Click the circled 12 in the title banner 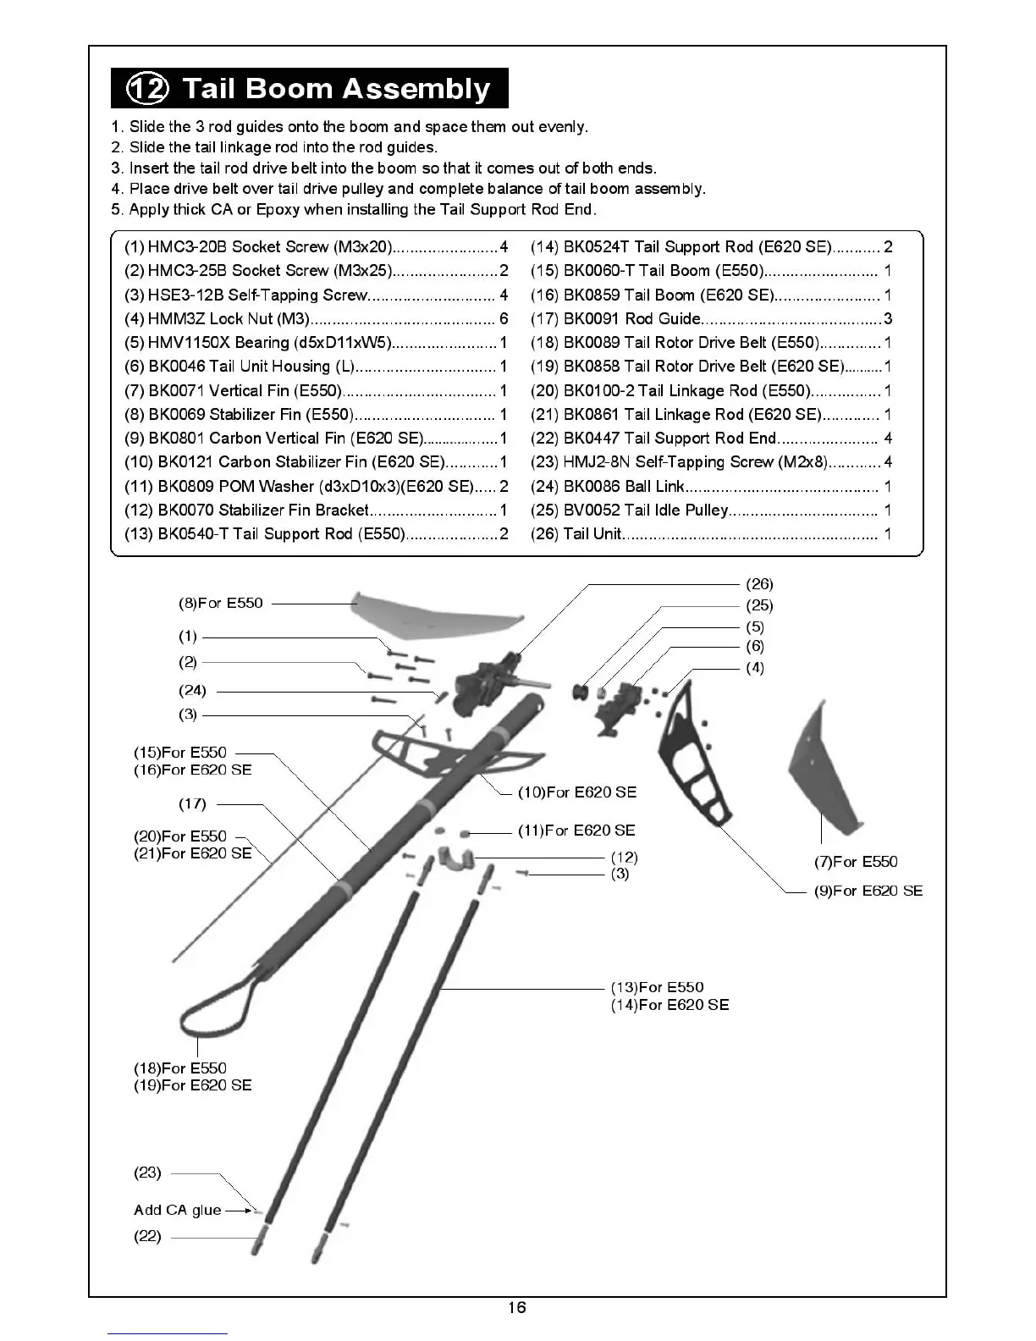coord(147,88)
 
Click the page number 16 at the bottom coord(516,1308)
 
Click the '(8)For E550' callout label coord(221,604)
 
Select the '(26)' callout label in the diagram coord(759,584)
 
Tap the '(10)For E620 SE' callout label coord(577,792)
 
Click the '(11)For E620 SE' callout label coord(576,831)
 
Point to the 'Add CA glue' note coord(178,1211)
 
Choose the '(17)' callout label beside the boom coord(192,804)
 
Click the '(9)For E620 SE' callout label coord(868,891)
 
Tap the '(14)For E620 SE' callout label coord(670,1005)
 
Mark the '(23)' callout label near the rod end coord(147,1173)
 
